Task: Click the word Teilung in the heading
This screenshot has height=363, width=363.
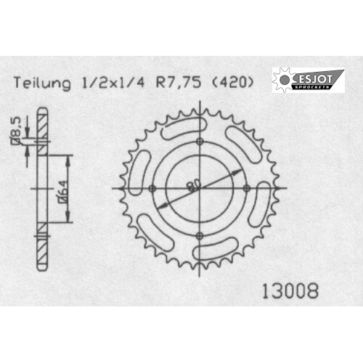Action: point(42,83)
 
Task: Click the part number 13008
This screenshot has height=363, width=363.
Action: point(290,291)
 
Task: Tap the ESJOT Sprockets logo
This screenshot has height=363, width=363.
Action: point(309,80)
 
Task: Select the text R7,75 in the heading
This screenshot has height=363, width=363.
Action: point(179,82)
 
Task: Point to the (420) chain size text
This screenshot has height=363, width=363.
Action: point(232,82)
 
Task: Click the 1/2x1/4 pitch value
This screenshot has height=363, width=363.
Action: point(113,83)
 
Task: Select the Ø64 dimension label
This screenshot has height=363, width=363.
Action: point(62,191)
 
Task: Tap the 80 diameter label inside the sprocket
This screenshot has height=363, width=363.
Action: point(194,185)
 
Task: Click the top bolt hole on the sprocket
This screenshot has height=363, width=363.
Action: point(200,142)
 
